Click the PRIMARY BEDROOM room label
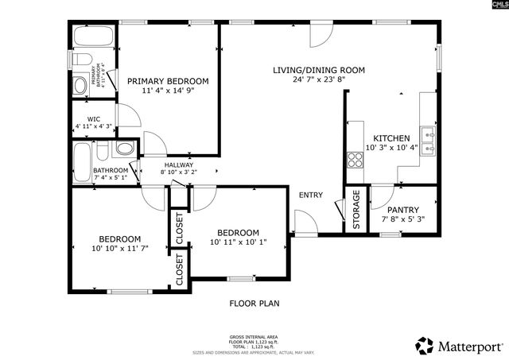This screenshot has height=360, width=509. (168, 81)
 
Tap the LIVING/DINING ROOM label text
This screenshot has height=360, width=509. (318, 70)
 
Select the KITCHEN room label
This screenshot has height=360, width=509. (391, 137)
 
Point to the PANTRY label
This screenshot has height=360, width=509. (403, 210)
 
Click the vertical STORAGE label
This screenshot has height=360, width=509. (356, 210)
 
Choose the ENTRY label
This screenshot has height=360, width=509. (310, 195)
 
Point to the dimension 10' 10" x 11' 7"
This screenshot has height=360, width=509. (120, 249)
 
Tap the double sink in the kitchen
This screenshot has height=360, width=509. (428, 139)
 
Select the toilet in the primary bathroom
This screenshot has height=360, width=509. (80, 60)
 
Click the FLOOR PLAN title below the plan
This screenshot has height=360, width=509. (254, 303)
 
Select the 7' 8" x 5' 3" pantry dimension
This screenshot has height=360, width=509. (403, 219)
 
